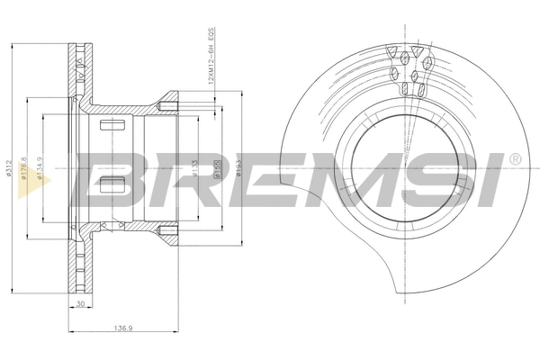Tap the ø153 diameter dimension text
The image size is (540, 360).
tap(196, 168)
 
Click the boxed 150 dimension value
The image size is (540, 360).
tap(217, 168)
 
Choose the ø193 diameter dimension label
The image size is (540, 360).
tap(238, 167)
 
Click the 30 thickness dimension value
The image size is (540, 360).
tap(80, 305)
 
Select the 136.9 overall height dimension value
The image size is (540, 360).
tap(127, 328)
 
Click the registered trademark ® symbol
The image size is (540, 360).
tap(513, 158)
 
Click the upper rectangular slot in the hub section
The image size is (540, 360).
tap(112, 124)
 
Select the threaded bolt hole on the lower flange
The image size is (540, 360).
tap(167, 236)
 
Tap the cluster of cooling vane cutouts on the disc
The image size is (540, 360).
tap(410, 68)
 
